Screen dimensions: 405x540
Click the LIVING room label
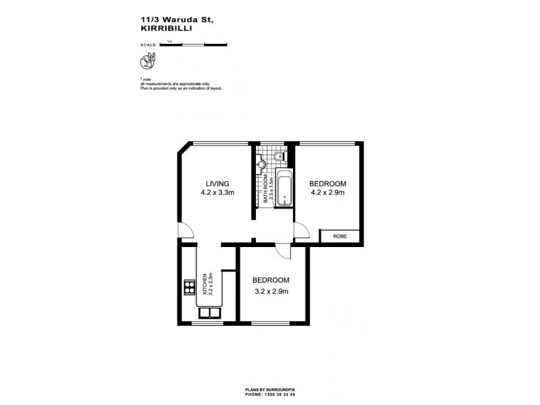217,183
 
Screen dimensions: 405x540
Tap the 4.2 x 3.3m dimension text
217,192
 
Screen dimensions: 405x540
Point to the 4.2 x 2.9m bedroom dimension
327,192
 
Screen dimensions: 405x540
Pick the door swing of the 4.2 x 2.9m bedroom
302,232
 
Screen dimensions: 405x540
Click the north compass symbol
146,61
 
